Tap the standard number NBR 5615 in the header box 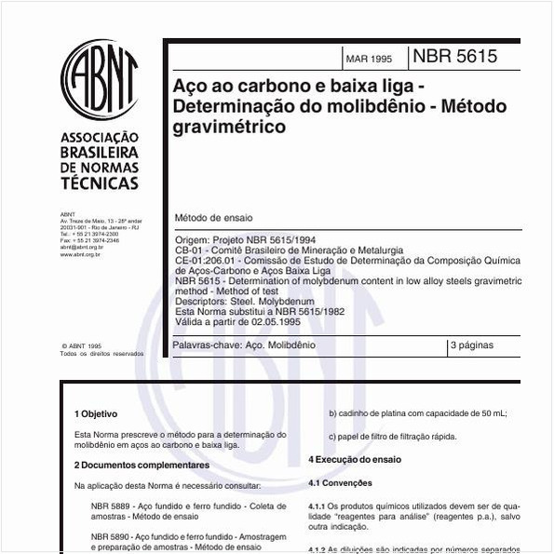454,56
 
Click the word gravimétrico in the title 230,128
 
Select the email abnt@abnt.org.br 81,247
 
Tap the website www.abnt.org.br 80,253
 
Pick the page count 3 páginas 472,345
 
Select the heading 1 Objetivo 96,413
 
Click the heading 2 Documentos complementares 142,465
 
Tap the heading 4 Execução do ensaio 355,460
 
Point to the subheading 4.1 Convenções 340,483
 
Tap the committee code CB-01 188,250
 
